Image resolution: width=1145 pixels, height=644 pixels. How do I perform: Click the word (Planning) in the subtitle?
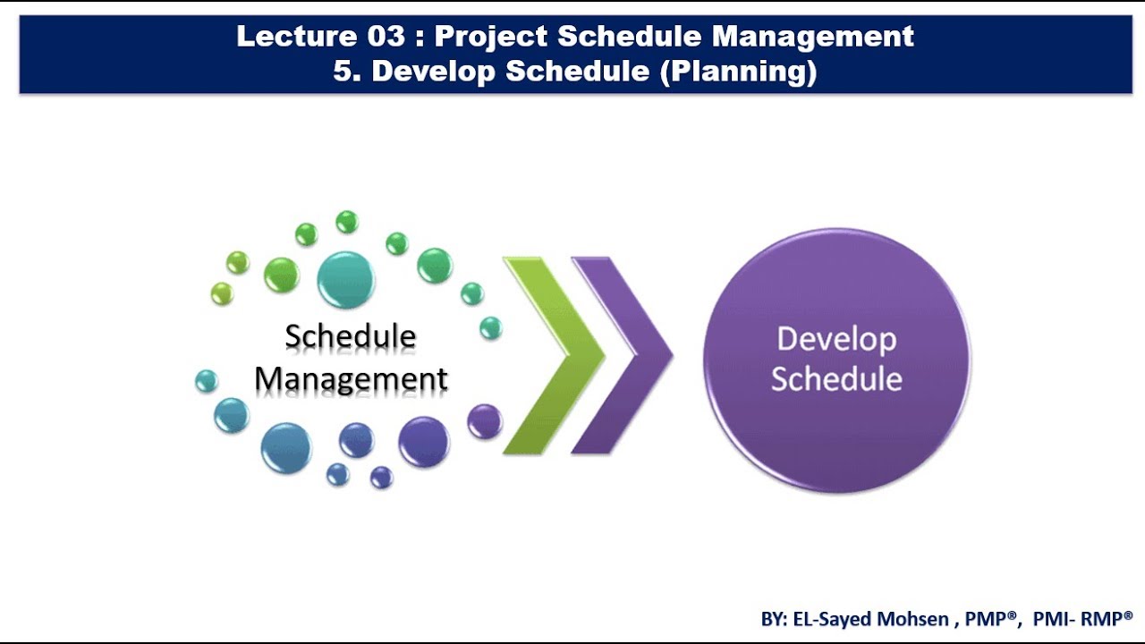(x=738, y=71)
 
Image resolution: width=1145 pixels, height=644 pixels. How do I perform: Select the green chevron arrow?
(x=550, y=355)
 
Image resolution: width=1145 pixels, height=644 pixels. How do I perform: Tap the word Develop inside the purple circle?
(x=836, y=340)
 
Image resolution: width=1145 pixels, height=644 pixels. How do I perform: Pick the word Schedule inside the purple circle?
(x=836, y=379)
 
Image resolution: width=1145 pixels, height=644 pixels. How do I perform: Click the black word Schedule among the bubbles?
(x=351, y=337)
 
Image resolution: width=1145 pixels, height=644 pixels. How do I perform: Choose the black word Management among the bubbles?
(x=351, y=379)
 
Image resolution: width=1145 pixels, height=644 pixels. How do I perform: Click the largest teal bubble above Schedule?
(x=345, y=279)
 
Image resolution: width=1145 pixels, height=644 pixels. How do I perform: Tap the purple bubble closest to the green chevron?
(x=485, y=420)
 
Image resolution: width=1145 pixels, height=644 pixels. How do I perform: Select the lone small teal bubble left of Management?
(x=206, y=381)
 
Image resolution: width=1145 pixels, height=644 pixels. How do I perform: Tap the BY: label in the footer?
(x=775, y=619)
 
